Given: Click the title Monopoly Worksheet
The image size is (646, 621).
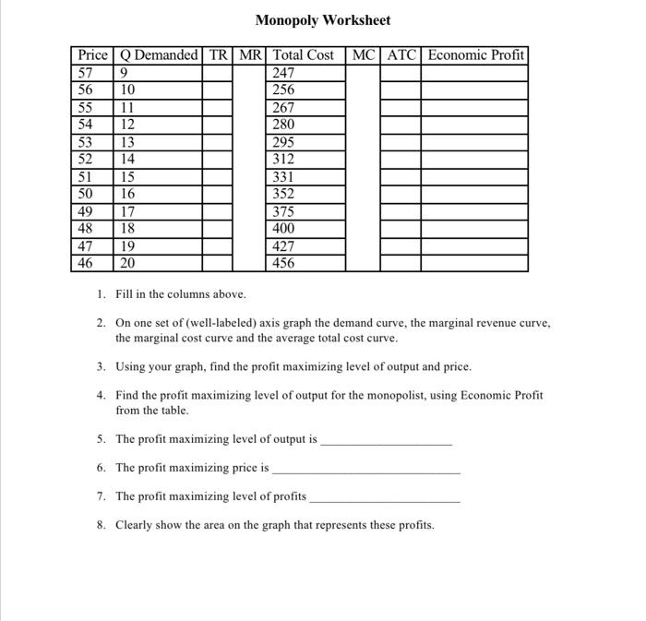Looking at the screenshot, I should click(x=322, y=20).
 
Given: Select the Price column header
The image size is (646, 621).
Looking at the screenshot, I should click(x=92, y=55).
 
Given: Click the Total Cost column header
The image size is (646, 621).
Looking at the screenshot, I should click(x=305, y=55).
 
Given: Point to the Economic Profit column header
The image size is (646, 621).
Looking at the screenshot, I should click(x=475, y=55).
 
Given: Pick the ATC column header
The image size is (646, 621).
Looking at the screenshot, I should click(x=401, y=55).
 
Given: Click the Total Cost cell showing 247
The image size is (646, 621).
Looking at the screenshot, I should click(x=284, y=73).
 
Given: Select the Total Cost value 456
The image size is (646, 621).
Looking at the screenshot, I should click(x=284, y=263).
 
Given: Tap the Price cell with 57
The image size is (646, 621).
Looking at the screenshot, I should click(x=86, y=73).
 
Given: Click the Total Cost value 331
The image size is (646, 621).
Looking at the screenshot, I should click(x=284, y=176).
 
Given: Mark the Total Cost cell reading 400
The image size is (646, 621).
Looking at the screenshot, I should click(x=284, y=228).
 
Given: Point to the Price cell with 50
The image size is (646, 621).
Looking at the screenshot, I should click(x=86, y=194).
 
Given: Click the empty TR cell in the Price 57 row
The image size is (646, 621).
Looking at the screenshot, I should click(x=218, y=73).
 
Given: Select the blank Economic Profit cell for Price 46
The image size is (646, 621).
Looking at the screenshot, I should click(x=475, y=263).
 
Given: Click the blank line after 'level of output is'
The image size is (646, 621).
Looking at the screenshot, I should click(x=386, y=441).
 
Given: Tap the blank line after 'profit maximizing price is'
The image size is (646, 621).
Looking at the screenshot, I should click(x=366, y=469).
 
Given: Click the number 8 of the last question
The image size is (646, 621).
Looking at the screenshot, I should click(x=101, y=525).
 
